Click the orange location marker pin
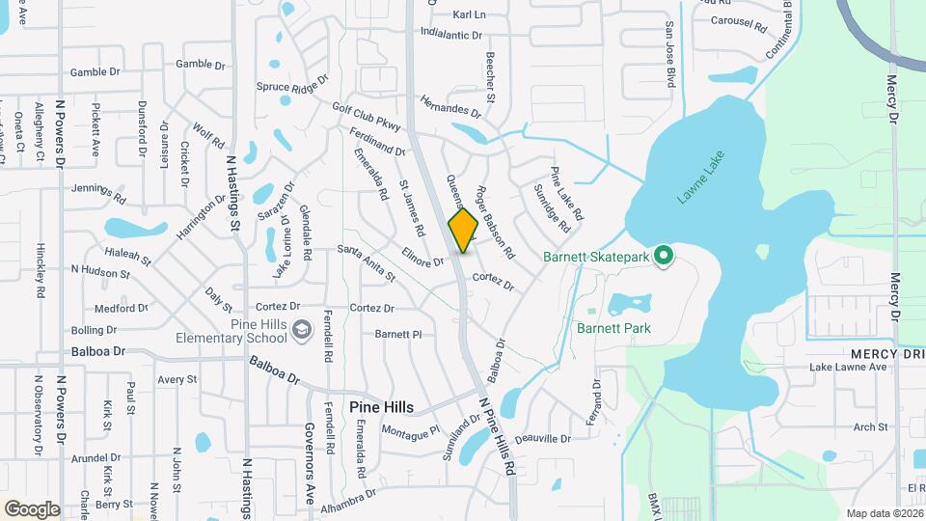[464, 230]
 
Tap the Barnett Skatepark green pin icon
[663, 257]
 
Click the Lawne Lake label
[698, 181]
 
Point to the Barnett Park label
[613, 328]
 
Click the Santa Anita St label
[367, 261]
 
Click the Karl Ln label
[469, 15]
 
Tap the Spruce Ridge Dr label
[292, 86]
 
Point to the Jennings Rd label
[98, 194]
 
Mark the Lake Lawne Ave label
[848, 367]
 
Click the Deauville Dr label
[543, 439]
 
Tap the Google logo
[32, 509]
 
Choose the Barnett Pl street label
[398, 335]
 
